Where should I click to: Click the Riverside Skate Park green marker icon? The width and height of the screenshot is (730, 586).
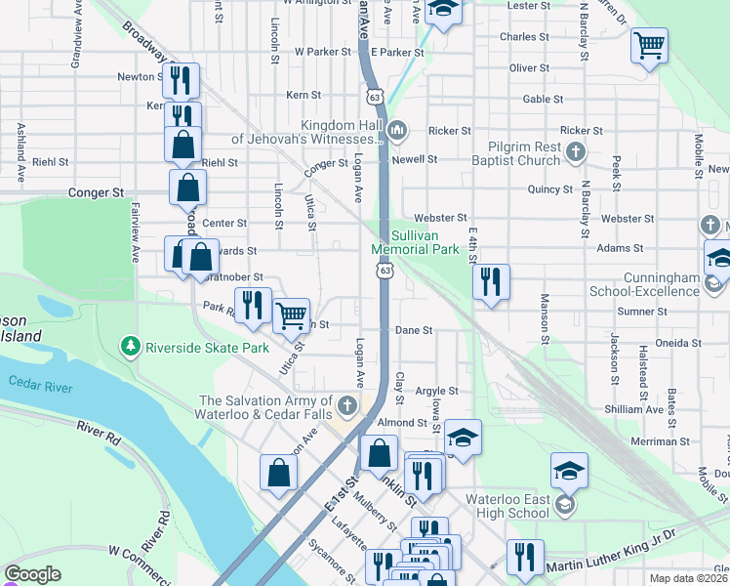pos(130,346)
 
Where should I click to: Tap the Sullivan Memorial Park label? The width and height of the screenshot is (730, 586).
pos(415,242)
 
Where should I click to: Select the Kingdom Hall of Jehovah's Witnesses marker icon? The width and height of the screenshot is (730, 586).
pos(397,131)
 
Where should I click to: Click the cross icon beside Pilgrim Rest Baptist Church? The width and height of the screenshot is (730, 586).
pos(576,151)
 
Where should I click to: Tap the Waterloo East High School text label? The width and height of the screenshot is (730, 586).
pos(507,506)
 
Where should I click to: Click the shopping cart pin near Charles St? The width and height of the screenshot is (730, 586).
pos(649,45)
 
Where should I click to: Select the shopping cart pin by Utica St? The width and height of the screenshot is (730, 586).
pos(291,315)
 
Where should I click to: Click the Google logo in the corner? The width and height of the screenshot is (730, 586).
pos(32,574)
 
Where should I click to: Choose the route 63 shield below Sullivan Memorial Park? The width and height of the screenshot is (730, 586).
pos(386,270)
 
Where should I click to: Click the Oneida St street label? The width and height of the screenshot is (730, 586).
pos(681,344)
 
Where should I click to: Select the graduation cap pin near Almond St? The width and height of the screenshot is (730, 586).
pos(464,437)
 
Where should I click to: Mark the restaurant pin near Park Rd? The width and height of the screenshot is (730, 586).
pos(253,304)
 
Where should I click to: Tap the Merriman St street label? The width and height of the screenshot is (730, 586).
pos(662,441)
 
